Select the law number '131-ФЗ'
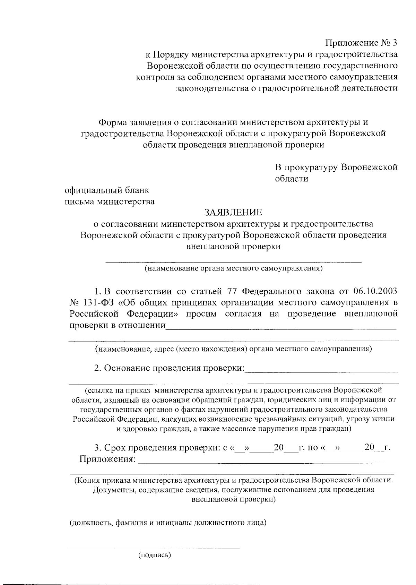pos(99,302)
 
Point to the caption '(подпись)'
pos(155,555)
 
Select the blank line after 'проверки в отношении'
pos(281,328)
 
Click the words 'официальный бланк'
pos(107,190)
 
